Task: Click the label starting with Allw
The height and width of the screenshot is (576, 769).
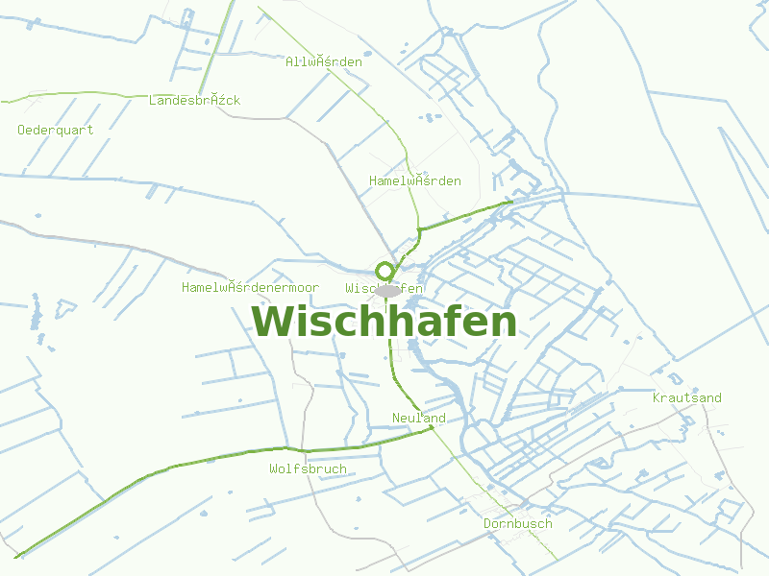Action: pyautogui.click(x=324, y=62)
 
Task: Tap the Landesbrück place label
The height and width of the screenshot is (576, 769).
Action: pyautogui.click(x=195, y=101)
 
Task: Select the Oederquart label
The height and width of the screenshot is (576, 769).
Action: pyautogui.click(x=56, y=130)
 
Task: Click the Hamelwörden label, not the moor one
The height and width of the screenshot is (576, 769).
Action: pyautogui.click(x=415, y=181)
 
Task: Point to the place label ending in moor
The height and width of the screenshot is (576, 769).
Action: pyautogui.click(x=250, y=288)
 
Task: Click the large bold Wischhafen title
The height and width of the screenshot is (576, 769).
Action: pyautogui.click(x=384, y=321)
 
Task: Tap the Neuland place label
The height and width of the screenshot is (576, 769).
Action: pyautogui.click(x=419, y=419)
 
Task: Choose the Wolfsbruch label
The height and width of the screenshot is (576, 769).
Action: pyautogui.click(x=308, y=469)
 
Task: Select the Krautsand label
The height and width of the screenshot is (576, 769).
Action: pyautogui.click(x=686, y=397)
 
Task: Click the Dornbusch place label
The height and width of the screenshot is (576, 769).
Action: pyautogui.click(x=517, y=524)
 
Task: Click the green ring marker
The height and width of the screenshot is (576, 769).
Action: pyautogui.click(x=384, y=271)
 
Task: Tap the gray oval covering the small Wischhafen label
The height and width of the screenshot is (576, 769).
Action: pyautogui.click(x=387, y=290)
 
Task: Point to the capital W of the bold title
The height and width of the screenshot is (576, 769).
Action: pyautogui.click(x=272, y=321)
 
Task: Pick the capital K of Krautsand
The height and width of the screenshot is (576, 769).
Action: pyautogui.click(x=657, y=397)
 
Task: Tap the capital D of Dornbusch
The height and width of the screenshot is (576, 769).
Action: pyautogui.click(x=487, y=524)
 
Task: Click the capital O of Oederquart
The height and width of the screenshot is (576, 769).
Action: pyautogui.click(x=22, y=130)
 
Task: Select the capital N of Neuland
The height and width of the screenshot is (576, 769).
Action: pyautogui.click(x=396, y=419)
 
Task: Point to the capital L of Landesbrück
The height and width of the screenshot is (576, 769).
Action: pyautogui.click(x=153, y=101)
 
